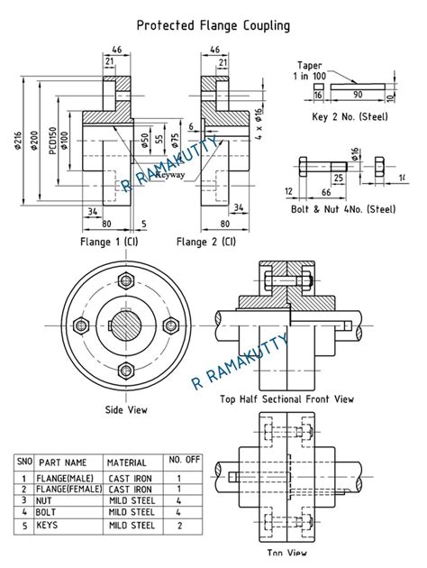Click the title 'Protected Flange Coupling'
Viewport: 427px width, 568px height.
[213, 25]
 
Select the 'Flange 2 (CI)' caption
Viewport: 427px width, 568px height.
[206, 241]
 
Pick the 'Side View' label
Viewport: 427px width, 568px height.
[126, 408]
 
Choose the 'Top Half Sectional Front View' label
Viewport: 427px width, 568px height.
[286, 398]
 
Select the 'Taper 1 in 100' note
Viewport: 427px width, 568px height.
[309, 70]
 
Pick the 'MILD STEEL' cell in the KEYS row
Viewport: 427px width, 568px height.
[132, 525]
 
